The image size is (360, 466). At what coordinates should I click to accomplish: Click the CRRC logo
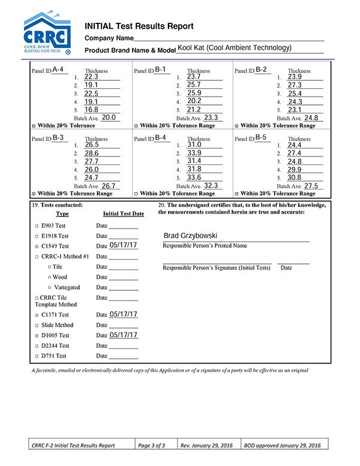pyautogui.click(x=48, y=34)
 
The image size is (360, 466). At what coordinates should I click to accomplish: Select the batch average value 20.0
pyautogui.click(x=109, y=118)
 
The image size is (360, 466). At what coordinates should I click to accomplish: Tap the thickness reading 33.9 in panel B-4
pyautogui.click(x=194, y=153)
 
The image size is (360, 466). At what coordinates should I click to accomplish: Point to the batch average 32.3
pyautogui.click(x=211, y=186)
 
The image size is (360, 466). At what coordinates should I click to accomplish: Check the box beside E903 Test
pyautogui.click(x=37, y=227)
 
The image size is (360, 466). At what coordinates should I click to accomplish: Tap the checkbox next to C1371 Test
pyautogui.click(x=37, y=315)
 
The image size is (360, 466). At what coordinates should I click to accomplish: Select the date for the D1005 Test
pyautogui.click(x=124, y=335)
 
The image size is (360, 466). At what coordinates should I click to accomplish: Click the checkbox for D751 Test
pyautogui.click(x=37, y=356)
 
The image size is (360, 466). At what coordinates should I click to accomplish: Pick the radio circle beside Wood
pyautogui.click(x=49, y=277)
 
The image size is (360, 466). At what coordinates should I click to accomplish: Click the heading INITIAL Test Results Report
pyautogui.click(x=139, y=26)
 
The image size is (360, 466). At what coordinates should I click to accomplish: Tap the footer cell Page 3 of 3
pyautogui.click(x=155, y=445)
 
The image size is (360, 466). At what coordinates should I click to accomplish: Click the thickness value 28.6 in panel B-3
pyautogui.click(x=92, y=154)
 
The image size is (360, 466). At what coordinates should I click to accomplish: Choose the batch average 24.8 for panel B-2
pyautogui.click(x=311, y=118)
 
